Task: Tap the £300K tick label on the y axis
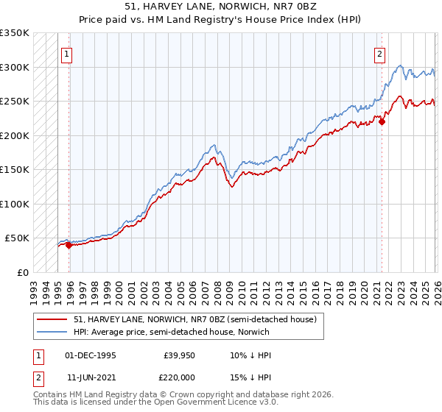pyautogui.click(x=15, y=67)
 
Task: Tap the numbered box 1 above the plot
pyautogui.click(x=66, y=54)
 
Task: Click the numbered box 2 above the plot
pyautogui.click(x=379, y=54)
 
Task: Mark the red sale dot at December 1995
pyautogui.click(x=69, y=246)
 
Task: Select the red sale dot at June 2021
pyautogui.click(x=382, y=122)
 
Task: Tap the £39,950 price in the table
pyautogui.click(x=178, y=355)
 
